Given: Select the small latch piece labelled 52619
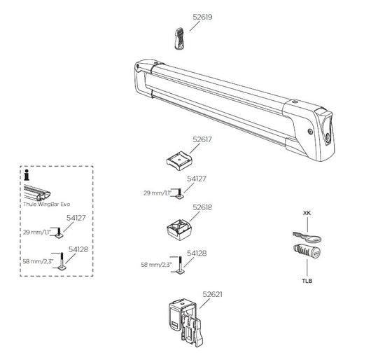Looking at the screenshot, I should pos(178,38).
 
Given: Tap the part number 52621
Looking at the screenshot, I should pos(212,295).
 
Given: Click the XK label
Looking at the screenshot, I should pos(307,212).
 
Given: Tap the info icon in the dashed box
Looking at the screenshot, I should pos(27,176).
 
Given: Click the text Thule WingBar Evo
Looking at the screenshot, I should pos(47,203).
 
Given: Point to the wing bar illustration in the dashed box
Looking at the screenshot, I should pos(43,190).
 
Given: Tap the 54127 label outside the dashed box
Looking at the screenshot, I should pos(197,179).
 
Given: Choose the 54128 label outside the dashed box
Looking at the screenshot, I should pos(197,254).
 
